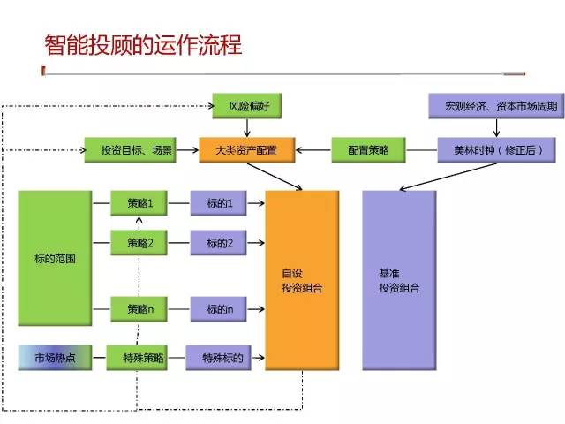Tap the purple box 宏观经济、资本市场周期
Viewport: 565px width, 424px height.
click(493, 106)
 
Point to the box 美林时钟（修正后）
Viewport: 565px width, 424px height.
click(493, 151)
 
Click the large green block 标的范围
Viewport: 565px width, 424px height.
click(54, 260)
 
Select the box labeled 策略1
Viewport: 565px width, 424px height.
click(139, 204)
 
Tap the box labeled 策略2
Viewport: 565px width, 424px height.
click(139, 243)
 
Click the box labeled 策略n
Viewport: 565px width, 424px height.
click(139, 309)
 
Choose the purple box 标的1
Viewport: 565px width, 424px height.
click(219, 204)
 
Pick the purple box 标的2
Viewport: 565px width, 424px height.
click(219, 243)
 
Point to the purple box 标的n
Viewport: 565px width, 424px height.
click(219, 309)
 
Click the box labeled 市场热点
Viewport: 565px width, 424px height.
click(54, 358)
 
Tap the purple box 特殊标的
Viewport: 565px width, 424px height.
click(221, 358)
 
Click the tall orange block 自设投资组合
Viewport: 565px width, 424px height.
click(302, 279)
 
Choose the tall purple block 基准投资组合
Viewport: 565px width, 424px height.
click(398, 279)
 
